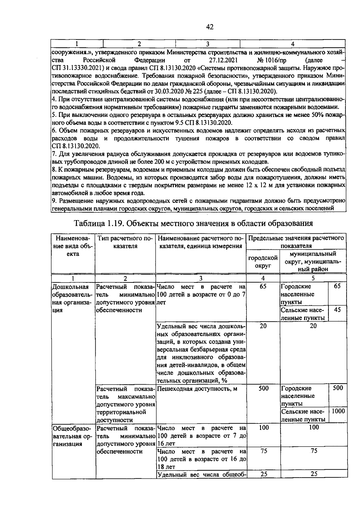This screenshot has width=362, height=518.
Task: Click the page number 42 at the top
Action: [x=210, y=27]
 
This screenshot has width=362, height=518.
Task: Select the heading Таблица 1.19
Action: [x=98, y=223]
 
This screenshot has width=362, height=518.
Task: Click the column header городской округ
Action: [x=263, y=262]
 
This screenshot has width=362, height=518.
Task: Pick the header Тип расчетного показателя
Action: [x=125, y=242]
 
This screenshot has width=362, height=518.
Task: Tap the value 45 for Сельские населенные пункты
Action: [x=337, y=310]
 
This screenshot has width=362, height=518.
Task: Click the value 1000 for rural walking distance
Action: [x=338, y=411]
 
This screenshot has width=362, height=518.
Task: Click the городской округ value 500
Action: [x=263, y=388]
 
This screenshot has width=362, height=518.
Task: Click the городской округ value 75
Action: [x=263, y=451]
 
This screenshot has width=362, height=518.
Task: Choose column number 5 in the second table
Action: [x=313, y=278]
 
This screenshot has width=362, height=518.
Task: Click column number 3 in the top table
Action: [x=207, y=44]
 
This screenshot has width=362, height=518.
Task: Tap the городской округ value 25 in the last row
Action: [x=264, y=474]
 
